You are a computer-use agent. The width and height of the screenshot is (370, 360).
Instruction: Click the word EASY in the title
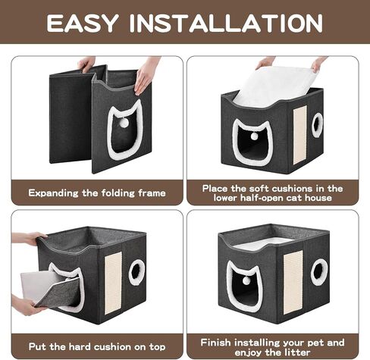point(83,23)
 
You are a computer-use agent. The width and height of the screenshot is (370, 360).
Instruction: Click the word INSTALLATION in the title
point(226,23)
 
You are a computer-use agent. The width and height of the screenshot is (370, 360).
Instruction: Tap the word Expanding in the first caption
point(53,193)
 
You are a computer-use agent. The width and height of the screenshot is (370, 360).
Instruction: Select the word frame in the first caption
point(152,193)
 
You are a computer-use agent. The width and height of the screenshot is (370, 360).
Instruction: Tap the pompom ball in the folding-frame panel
point(124,123)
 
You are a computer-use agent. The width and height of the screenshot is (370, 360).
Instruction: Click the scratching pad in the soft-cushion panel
point(299,135)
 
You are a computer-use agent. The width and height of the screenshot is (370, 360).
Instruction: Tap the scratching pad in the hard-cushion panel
point(113,283)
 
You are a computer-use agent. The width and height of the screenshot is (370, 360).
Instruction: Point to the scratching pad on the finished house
point(293,282)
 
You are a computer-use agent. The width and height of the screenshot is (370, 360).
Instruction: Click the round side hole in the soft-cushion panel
point(317,125)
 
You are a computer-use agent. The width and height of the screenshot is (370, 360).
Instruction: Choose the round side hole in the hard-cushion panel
point(136,271)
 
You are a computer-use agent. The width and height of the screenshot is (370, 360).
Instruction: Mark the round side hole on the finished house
point(319,271)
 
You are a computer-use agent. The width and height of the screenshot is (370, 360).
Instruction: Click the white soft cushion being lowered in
point(274,86)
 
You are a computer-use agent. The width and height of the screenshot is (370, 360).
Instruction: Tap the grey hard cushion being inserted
point(50,290)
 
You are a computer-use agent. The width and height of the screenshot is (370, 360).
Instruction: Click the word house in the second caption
point(318,198)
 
